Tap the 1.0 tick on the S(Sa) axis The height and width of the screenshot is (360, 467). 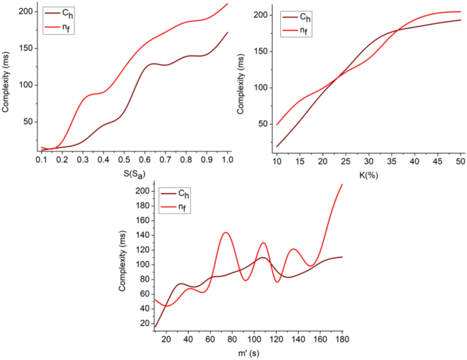click(228, 159)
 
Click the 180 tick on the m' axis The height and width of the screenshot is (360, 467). click(342, 340)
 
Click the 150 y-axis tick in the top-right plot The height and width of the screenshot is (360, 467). click(260, 51)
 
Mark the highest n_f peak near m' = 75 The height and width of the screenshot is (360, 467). click(226, 232)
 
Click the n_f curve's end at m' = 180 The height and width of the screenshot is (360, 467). click(342, 185)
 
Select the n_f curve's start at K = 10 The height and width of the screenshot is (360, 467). click(277, 125)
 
